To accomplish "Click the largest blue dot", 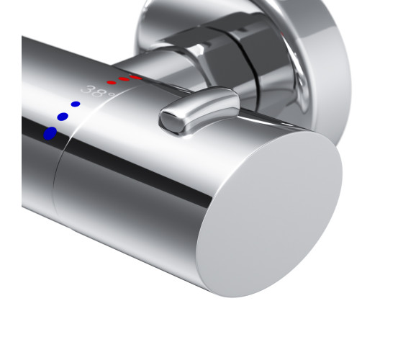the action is coord(50,133).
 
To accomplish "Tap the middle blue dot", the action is coord(63,117).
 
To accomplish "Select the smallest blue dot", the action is coord(76,104).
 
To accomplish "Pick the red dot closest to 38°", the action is coord(112,82).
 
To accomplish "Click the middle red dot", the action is coord(124,79).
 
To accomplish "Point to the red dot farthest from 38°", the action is coord(135,77).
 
